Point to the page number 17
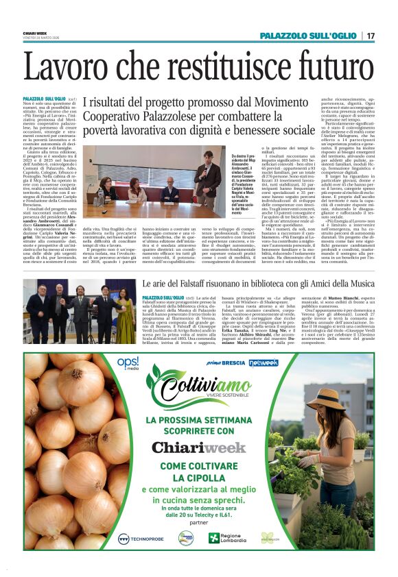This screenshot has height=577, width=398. coord(370,36)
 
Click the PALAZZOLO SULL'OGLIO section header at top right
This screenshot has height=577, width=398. coord(302,36)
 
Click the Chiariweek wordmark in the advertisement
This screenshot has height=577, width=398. coord(198,447)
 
